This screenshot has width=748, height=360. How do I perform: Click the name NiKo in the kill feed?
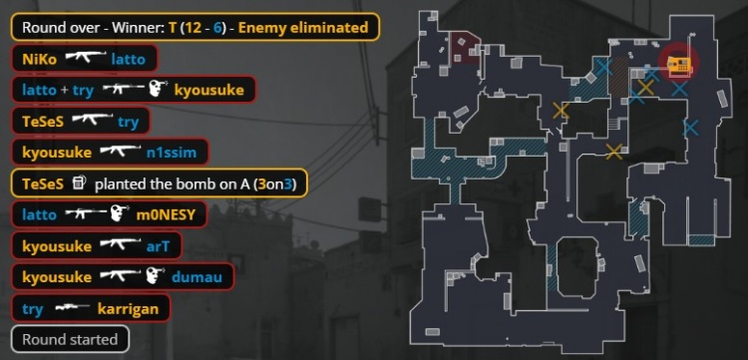coord(41,59)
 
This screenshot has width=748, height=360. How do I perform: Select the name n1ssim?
coord(172,153)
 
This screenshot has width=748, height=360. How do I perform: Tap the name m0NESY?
coord(166,215)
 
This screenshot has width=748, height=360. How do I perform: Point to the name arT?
coord(158,246)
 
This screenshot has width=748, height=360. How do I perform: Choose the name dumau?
coord(196,277)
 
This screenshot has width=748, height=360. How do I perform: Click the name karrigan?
coord(128,309)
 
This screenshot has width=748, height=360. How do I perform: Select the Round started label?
coord(70,339)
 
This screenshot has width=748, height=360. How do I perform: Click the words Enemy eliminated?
coord(303,27)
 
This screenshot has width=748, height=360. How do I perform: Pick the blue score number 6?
coord(217,27)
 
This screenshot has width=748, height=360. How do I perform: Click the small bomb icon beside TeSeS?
coord(80,182)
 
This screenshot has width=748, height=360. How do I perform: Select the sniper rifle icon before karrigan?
coord(72,307)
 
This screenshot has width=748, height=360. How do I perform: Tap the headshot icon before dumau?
coord(154,275)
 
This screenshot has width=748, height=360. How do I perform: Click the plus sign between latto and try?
coord(65,90)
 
